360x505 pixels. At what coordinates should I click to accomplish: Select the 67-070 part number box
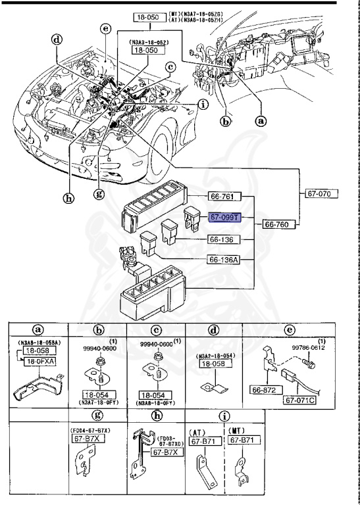[322, 195]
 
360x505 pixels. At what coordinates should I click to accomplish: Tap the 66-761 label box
[224, 196]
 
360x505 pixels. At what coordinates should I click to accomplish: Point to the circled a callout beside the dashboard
[261, 121]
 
